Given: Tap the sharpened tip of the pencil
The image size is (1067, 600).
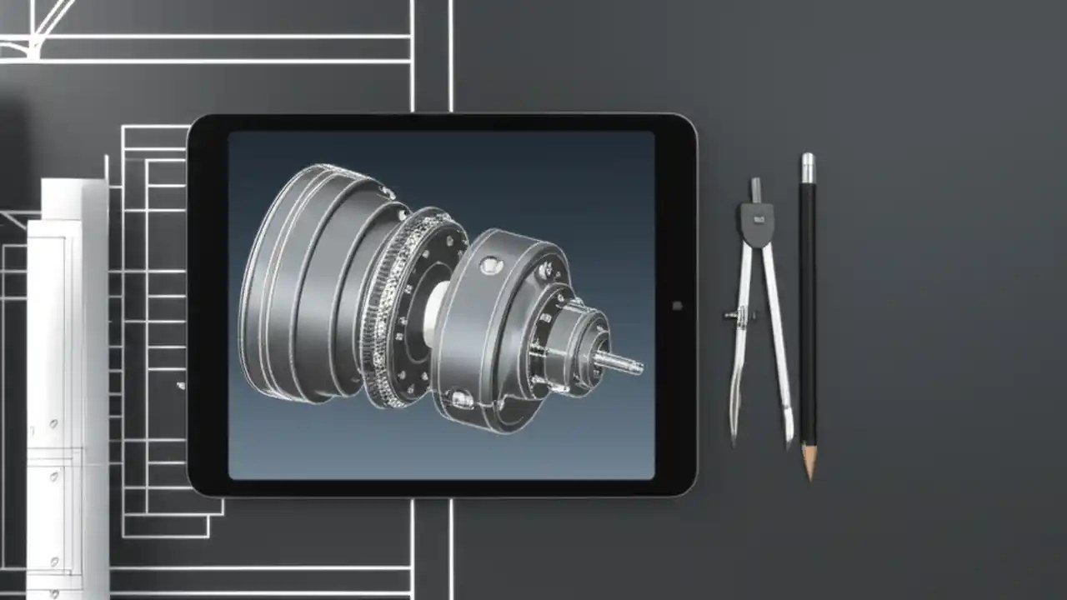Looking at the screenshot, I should coord(809,477).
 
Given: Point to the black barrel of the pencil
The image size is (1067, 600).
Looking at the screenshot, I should coord(807,317).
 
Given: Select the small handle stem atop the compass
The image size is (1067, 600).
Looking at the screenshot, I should coord(755,189).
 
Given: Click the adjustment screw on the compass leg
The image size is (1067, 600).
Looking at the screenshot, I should coord(731,315).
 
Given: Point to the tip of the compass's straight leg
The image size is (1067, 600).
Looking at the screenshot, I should coord(789,443).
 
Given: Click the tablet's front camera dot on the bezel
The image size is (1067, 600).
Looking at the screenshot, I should coord(677,306).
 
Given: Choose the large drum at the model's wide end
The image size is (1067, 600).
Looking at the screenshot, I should coord(300,275).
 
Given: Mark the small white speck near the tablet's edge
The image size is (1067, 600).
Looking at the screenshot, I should coord(180,386).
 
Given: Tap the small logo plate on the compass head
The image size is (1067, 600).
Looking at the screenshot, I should coord(759,218).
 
